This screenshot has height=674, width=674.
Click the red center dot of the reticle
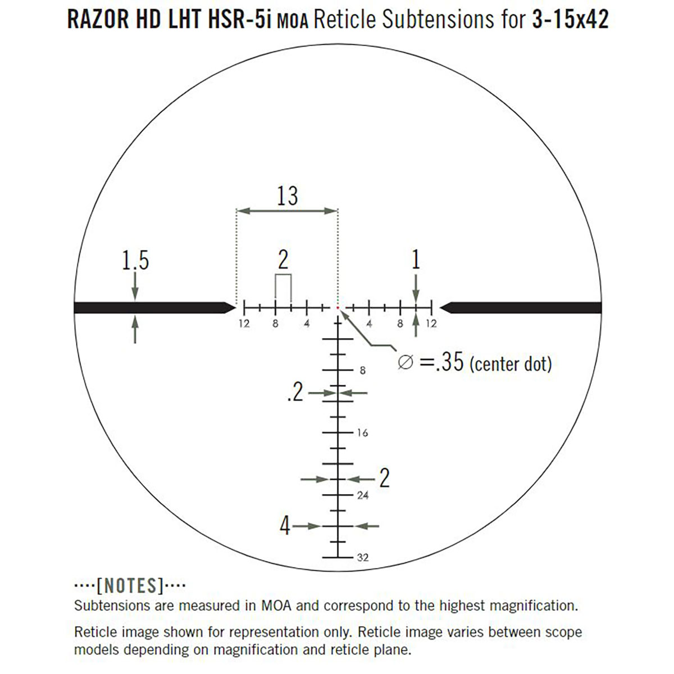[338, 308]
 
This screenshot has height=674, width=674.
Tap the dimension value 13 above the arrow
[287, 196]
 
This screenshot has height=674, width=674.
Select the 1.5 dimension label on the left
[135, 261]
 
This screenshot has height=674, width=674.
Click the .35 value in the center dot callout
[450, 362]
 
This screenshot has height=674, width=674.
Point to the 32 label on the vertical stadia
[363, 558]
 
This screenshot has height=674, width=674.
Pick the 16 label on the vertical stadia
[362, 433]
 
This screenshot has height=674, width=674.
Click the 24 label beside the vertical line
[363, 495]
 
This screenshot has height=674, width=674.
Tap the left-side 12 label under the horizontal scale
[244, 324]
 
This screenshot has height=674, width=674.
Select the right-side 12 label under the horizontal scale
[431, 324]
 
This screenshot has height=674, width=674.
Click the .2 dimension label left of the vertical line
[294, 393]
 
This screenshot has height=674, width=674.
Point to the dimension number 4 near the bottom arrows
[285, 526]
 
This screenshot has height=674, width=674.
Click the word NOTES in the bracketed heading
[130, 586]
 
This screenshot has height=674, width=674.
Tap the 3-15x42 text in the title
[567, 20]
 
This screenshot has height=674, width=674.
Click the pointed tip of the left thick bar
[235, 307]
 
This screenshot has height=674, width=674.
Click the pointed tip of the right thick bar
[440, 307]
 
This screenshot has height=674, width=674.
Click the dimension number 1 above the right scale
[416, 260]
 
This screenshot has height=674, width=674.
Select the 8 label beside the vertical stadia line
[362, 371]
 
